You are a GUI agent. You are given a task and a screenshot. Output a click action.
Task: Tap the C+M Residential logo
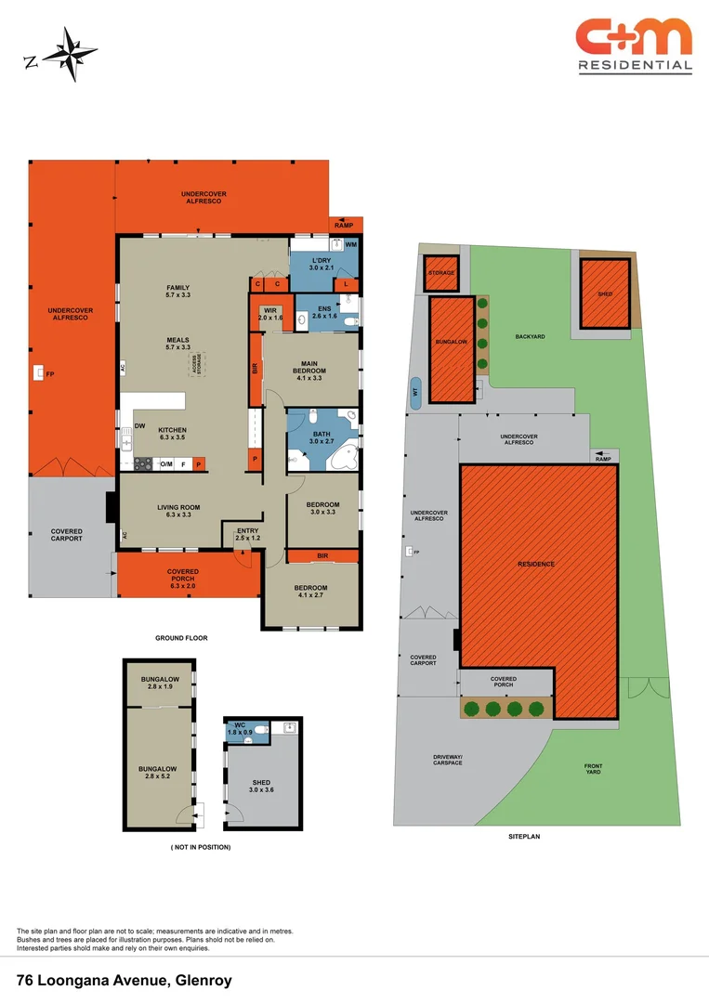[x=635, y=44]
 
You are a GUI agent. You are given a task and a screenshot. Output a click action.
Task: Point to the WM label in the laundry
[x=351, y=245]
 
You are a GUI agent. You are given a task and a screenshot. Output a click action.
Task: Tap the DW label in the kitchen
[x=139, y=426]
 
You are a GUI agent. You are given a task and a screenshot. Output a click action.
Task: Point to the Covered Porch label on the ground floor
[x=183, y=575]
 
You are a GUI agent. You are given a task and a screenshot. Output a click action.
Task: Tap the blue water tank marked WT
[x=415, y=393]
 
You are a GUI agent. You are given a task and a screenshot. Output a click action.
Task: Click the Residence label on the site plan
[x=536, y=564]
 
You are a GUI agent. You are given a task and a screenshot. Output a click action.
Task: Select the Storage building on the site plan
[x=441, y=273]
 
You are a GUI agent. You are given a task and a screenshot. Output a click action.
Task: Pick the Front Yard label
[x=593, y=768]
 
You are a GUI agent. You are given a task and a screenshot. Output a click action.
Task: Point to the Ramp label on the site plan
[x=603, y=459]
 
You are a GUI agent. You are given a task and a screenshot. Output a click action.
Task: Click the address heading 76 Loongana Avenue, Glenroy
[x=124, y=980]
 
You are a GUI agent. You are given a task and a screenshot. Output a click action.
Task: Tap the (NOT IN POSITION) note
[x=201, y=847]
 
